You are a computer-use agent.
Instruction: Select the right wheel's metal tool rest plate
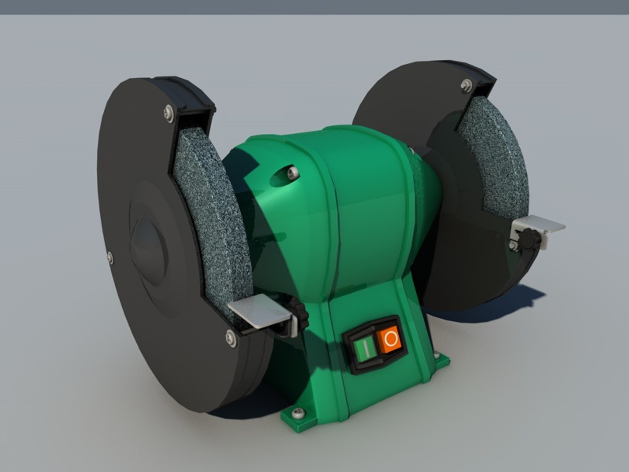tap(542, 225)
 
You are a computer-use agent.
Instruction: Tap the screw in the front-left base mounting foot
tap(299, 412)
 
